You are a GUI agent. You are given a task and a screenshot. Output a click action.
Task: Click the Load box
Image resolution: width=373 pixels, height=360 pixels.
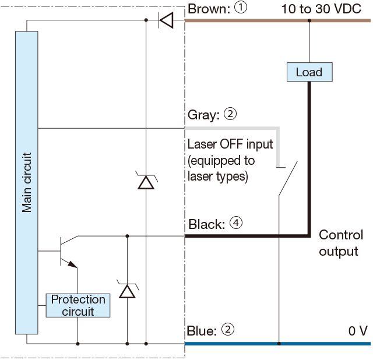pos(309,72)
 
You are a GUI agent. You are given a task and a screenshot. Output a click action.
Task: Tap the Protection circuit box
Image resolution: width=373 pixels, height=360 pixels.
pos(78,305)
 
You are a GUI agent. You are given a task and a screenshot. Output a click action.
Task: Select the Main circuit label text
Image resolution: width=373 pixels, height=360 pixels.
pos(27,182)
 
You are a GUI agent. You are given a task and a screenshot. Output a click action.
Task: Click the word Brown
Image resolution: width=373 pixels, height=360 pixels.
pos(207,9)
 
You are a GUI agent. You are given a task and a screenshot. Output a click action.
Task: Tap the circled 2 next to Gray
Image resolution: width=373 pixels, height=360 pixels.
pos(230,115)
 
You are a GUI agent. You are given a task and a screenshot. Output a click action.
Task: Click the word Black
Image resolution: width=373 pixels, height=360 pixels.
pos(206,224)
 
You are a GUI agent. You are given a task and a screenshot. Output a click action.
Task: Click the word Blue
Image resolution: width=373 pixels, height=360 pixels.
pos(202,331)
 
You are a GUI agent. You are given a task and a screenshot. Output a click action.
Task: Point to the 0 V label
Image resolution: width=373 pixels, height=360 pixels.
pos(357,331)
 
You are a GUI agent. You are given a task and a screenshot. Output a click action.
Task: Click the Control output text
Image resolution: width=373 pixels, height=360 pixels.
pos(340,243)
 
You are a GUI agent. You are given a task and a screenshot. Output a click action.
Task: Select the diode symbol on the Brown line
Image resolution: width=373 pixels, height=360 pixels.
pos(166,21)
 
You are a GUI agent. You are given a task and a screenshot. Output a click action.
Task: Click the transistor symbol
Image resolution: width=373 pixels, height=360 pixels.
pos(67,251)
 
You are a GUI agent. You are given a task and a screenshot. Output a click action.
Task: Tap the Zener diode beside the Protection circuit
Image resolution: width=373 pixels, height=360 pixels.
pos(126,290)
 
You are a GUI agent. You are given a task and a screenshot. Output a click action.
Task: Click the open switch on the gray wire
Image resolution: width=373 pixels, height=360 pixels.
pos(287,181)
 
